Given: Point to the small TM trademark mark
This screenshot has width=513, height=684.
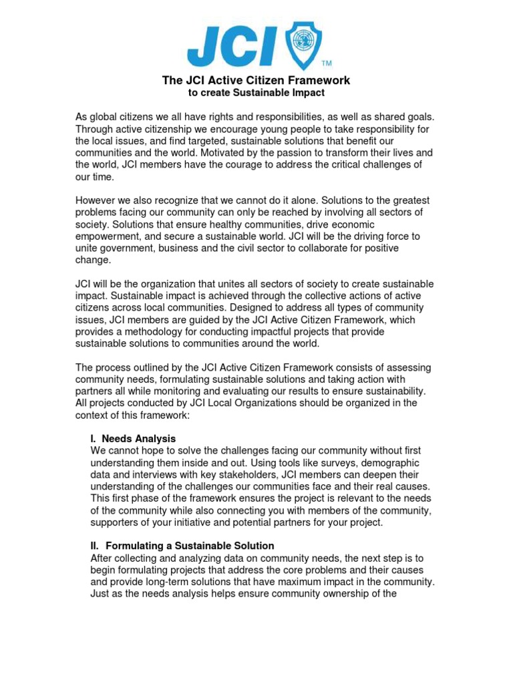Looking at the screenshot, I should [x=327, y=64].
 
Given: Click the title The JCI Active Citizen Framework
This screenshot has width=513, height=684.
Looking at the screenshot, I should [x=256, y=80].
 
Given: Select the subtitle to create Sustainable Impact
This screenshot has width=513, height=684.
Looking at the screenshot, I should [x=256, y=93].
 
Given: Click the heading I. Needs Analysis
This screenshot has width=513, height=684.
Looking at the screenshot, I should [x=133, y=439].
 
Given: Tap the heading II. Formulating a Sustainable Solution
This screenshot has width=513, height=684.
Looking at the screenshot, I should [x=182, y=546].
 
